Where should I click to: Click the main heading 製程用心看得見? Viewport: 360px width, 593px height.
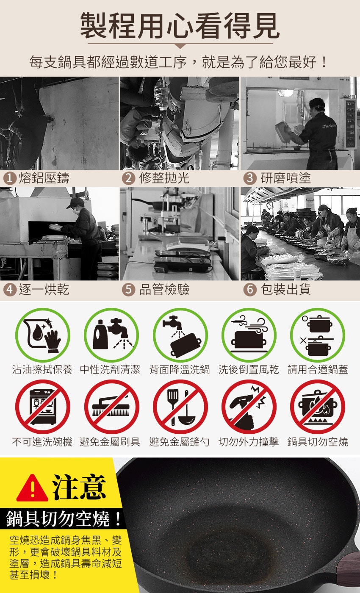pos(180,26)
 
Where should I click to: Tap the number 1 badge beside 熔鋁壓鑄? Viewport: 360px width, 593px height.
pos(10,178)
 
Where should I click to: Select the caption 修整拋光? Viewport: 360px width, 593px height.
pos(164,178)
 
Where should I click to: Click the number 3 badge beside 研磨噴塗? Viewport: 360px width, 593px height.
pos(250,178)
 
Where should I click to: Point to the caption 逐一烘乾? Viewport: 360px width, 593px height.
pos(44,289)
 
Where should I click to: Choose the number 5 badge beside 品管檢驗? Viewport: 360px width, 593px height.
pos(128,289)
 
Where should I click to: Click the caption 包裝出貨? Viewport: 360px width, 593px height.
pos(285,289)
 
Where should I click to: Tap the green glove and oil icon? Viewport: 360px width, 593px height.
pos(42,335)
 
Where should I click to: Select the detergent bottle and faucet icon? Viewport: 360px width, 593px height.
pos(111,335)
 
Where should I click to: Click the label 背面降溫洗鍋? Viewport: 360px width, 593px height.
pos(180,369)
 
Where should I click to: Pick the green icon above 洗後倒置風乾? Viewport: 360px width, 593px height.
pos(249,335)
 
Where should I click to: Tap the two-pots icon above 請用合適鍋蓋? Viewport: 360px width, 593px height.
pos(318,335)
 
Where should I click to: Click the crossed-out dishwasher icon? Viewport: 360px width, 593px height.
pos(42,407)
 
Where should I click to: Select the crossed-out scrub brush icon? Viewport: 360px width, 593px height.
pos(111,407)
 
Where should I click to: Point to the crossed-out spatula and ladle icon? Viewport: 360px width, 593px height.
pos(180,407)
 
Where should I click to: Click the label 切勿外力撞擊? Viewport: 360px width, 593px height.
pos(249,441)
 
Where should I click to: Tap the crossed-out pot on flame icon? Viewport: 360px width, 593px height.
pos(318,407)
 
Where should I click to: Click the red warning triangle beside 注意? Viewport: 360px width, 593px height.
pos(32,488)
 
